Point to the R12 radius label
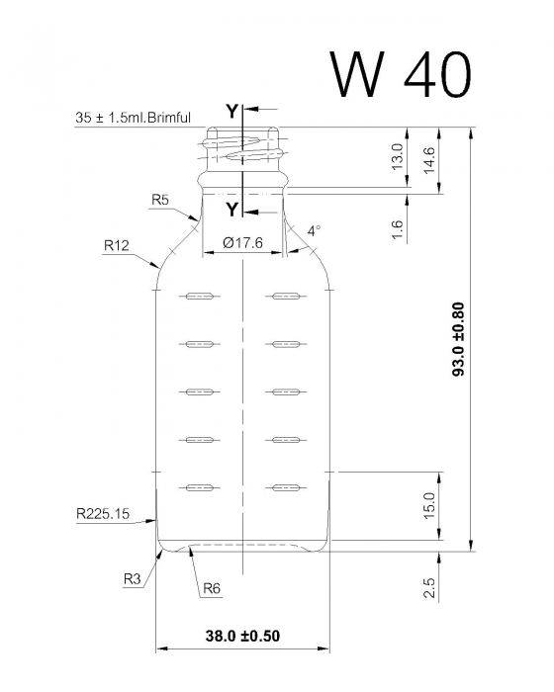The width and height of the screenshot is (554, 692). click(117, 243)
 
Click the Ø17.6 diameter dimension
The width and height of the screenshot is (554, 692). click(242, 241)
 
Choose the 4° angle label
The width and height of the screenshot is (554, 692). click(314, 230)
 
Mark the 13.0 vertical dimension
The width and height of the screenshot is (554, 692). click(398, 156)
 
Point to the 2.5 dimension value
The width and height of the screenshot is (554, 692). click(429, 589)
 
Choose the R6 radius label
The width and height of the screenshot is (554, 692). click(211, 589)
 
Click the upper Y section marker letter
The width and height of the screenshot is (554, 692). click(231, 112)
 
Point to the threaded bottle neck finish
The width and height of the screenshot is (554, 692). click(242, 153)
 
